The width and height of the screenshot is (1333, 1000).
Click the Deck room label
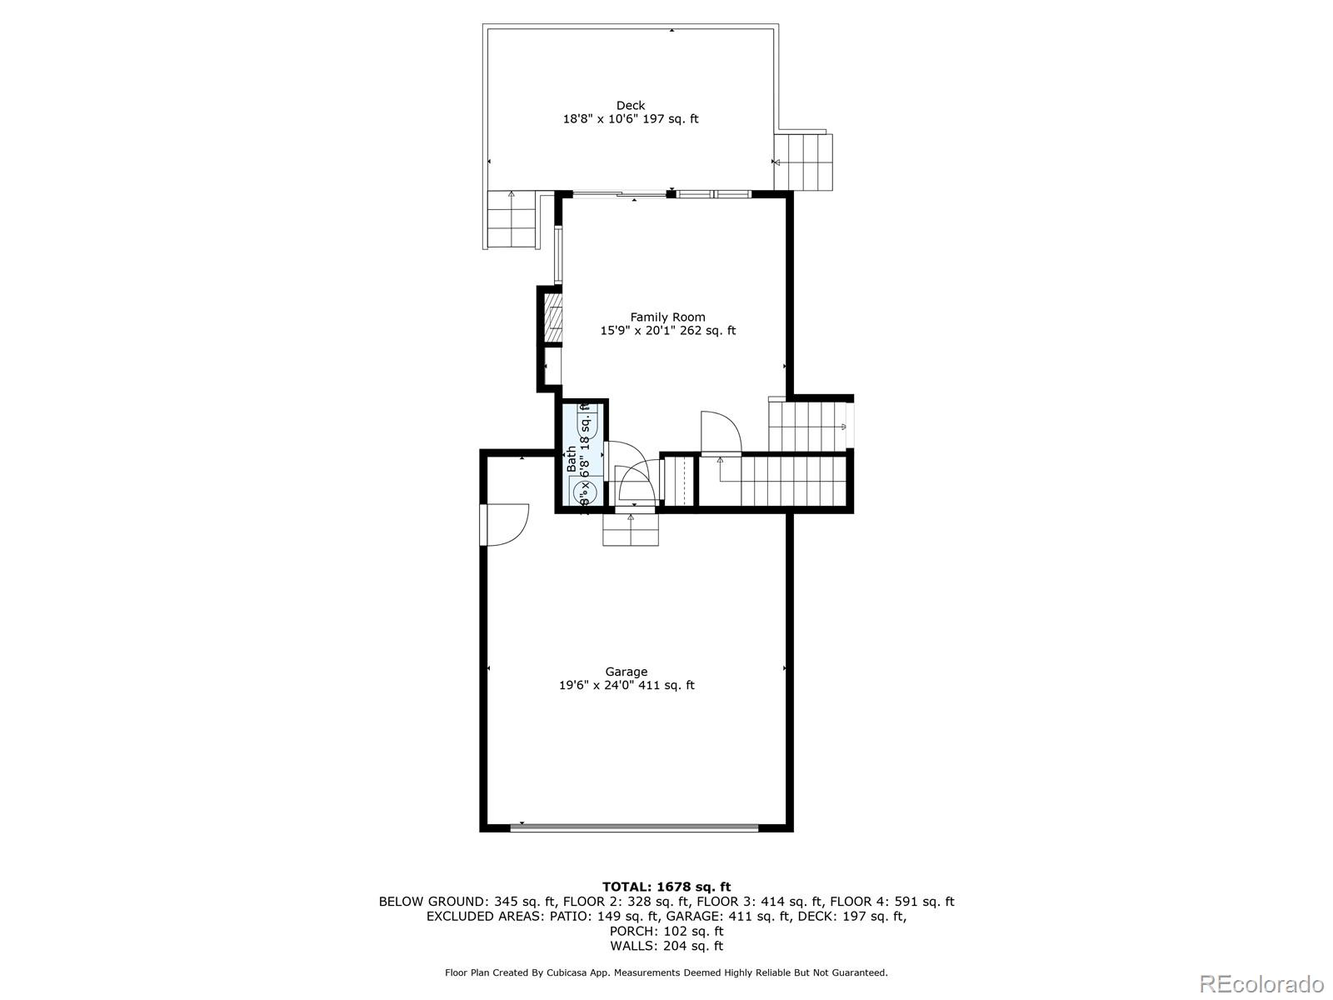pyautogui.click(x=631, y=105)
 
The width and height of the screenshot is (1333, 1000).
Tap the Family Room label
pyautogui.click(x=667, y=317)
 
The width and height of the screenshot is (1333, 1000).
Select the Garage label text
pyautogui.click(x=627, y=672)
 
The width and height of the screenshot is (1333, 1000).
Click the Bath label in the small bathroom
pyautogui.click(x=572, y=459)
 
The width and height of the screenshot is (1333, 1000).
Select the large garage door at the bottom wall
pyautogui.click(x=634, y=828)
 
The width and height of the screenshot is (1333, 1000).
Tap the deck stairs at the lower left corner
pyautogui.click(x=510, y=219)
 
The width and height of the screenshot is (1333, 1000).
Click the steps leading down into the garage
pyautogui.click(x=631, y=530)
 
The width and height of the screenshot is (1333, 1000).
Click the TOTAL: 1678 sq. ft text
pyautogui.click(x=666, y=887)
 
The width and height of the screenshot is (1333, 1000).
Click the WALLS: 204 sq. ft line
pyautogui.click(x=666, y=946)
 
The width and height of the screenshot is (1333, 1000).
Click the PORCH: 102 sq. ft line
pyautogui.click(x=666, y=931)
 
